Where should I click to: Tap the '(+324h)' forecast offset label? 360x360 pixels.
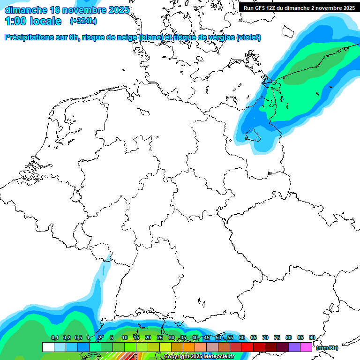(83, 21)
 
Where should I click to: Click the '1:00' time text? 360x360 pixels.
(15, 21)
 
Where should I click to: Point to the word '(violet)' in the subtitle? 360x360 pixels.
(248, 37)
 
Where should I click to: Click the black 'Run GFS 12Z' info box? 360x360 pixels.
(299, 8)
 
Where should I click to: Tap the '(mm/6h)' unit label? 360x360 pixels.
(327, 348)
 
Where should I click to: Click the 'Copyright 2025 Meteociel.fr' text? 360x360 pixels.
(199, 357)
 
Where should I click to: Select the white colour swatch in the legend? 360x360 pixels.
(48, 347)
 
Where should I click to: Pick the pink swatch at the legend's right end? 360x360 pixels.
(306, 347)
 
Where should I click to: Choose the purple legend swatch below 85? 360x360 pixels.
(294, 347)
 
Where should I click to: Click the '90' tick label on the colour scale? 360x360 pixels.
(312, 337)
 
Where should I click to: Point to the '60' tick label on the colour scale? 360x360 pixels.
(241, 337)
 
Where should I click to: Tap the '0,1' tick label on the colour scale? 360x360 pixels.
(54, 337)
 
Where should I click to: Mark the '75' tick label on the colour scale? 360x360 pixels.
(277, 337)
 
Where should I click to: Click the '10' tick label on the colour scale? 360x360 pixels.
(124, 337)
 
